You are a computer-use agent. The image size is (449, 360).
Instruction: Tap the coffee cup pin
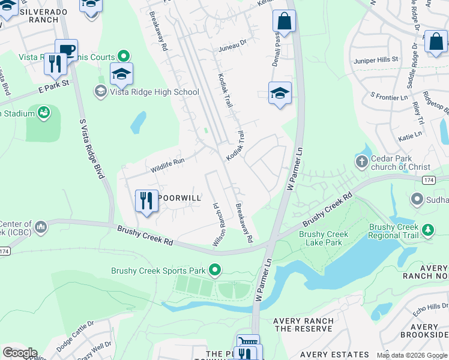click(66, 50)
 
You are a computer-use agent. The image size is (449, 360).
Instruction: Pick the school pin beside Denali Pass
click(280, 94)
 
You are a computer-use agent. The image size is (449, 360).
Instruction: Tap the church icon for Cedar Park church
click(361, 161)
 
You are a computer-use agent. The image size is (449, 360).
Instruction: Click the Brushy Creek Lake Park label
click(321, 238)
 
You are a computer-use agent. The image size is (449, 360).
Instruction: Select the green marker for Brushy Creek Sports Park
click(215, 271)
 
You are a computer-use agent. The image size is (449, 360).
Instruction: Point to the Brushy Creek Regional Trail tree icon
click(427, 230)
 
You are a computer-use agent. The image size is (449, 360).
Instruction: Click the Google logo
click(20, 353)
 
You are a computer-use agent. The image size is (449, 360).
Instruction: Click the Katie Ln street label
click(410, 138)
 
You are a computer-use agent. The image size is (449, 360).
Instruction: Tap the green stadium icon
click(44, 112)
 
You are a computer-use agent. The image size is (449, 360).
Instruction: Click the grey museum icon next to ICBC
click(41, 227)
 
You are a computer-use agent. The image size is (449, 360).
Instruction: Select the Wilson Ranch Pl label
click(217, 224)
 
